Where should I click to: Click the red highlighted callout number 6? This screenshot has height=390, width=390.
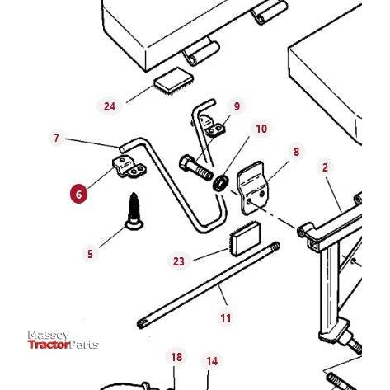79,194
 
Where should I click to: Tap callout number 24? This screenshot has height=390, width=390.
110,106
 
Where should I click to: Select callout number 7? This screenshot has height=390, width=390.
57,139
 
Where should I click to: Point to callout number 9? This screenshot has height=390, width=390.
237,106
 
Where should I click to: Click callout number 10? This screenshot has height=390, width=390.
261,129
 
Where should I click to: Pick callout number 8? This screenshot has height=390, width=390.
296,152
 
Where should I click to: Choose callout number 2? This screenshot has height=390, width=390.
325,167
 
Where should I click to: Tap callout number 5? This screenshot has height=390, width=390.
91,254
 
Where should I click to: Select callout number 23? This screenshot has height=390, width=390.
179,261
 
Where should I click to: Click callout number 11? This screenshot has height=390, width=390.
226,318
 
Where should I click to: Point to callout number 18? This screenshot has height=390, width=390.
176,357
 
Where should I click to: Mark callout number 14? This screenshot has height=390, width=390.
212,361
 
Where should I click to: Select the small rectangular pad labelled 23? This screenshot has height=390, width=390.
244,240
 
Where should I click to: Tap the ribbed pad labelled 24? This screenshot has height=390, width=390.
173,82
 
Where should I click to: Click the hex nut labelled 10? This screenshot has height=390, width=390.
220,181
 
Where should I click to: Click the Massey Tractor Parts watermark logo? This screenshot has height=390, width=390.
62,341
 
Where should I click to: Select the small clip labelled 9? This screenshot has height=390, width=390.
216,129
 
